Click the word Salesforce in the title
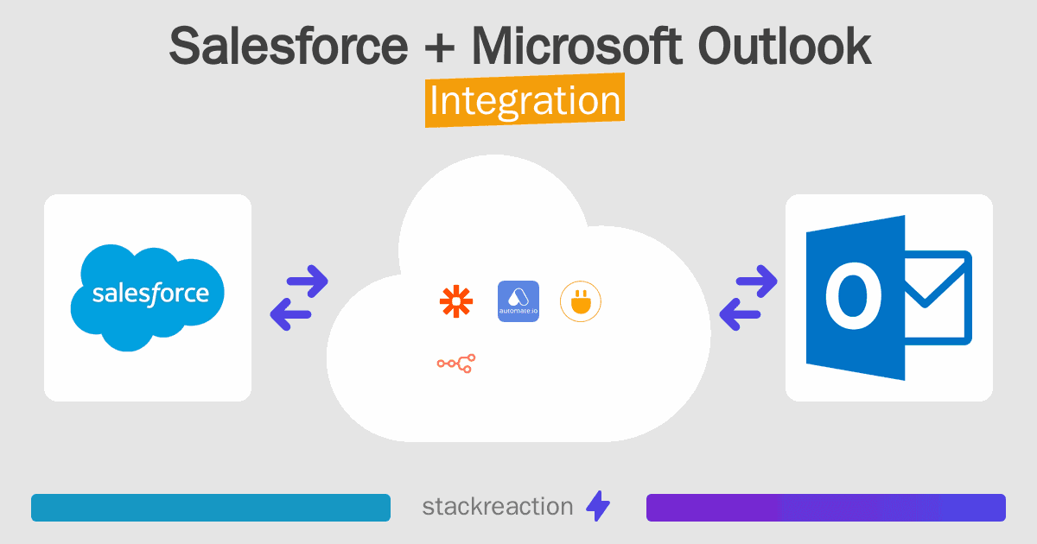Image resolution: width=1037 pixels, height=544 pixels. tap(287, 47)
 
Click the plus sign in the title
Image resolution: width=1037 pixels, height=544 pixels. tap(438, 48)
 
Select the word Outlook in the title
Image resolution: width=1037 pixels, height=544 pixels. tap(784, 47)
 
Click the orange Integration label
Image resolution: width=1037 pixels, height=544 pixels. tap(525, 102)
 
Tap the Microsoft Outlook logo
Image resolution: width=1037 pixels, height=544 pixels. tap(888, 297)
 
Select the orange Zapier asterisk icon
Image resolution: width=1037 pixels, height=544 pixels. tap(456, 301)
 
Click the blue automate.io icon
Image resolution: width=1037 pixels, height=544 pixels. tap(518, 301)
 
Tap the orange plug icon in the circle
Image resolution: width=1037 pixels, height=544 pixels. tap(581, 301)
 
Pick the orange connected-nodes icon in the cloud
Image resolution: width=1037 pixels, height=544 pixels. tap(456, 364)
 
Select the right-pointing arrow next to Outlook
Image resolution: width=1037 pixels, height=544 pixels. tap(756, 281)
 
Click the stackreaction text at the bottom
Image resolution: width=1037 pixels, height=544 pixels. tap(497, 507)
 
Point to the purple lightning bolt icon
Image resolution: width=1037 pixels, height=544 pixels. tap(598, 507)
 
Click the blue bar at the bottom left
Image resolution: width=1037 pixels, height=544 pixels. tap(211, 508)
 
